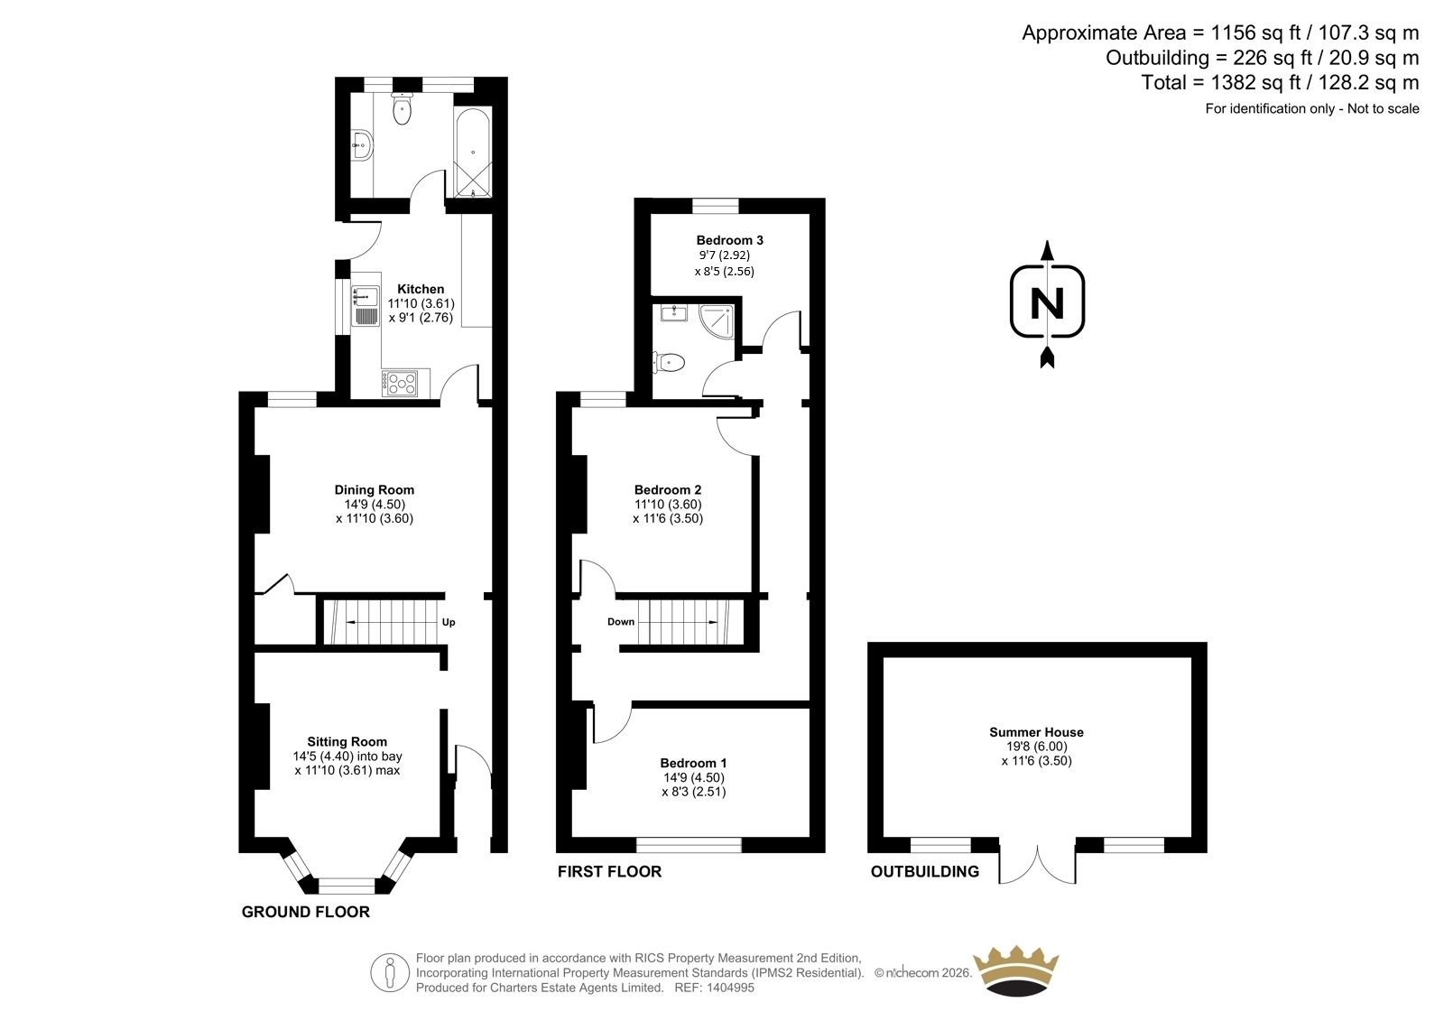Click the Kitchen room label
pyautogui.click(x=421, y=289)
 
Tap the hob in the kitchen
pyautogui.click(x=400, y=384)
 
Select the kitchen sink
pyautogui.click(x=366, y=306)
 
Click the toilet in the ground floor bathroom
pyautogui.click(x=402, y=108)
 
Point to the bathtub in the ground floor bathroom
pyautogui.click(x=473, y=153)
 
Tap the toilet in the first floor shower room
pyautogui.click(x=669, y=363)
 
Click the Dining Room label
pyautogui.click(x=374, y=490)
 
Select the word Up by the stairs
pyautogui.click(x=449, y=622)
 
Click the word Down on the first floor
pyautogui.click(x=621, y=622)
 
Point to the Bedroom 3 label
pyautogui.click(x=730, y=240)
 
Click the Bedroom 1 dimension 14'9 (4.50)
pyautogui.click(x=694, y=778)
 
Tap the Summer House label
pyautogui.click(x=1037, y=732)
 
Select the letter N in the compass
pyautogui.click(x=1048, y=302)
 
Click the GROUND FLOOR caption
pyautogui.click(x=306, y=912)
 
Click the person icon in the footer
pyautogui.click(x=389, y=972)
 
